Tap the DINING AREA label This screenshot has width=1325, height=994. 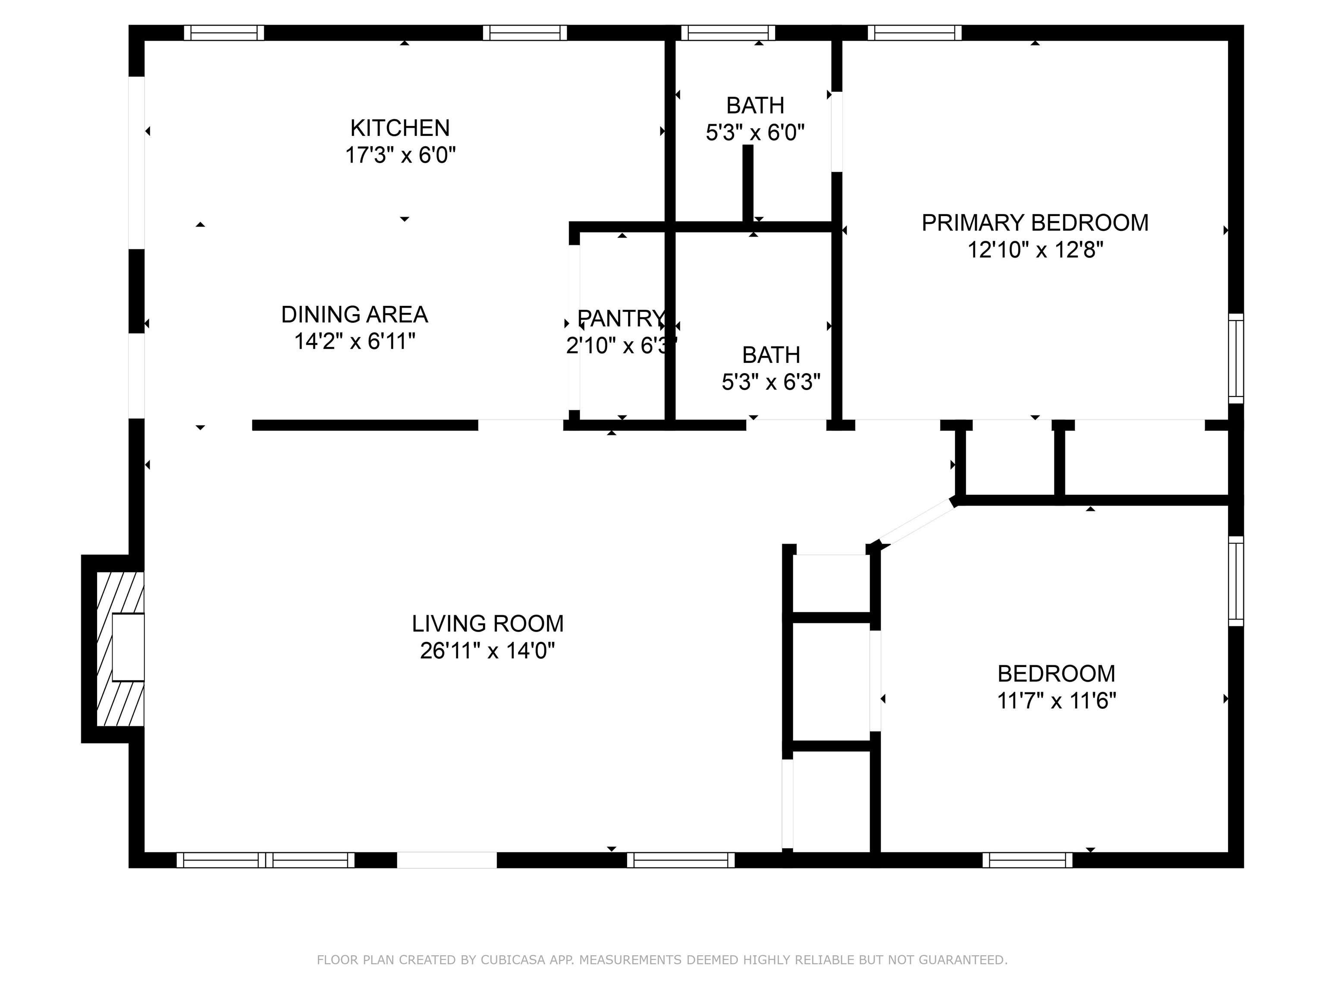tap(354, 315)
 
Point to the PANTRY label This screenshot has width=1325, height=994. tap(621, 318)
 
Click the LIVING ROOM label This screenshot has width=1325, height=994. tap(487, 624)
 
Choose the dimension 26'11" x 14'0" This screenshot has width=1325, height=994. tap(487, 651)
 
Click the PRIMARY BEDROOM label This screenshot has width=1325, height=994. tap(1034, 223)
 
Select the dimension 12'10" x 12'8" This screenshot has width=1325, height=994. tap(1034, 250)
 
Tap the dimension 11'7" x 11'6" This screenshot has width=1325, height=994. tap(1056, 700)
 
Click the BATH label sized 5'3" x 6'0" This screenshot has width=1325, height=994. tap(755, 105)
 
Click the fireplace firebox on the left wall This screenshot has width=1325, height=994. tap(128, 647)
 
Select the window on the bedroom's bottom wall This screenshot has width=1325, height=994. tap(1027, 860)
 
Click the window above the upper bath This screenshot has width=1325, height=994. tap(728, 32)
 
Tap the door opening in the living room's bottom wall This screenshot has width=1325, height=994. tap(447, 860)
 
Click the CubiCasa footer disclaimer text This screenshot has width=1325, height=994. tap(662, 960)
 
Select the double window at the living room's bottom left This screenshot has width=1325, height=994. tap(265, 860)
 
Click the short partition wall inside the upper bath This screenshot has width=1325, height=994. tap(747, 185)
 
